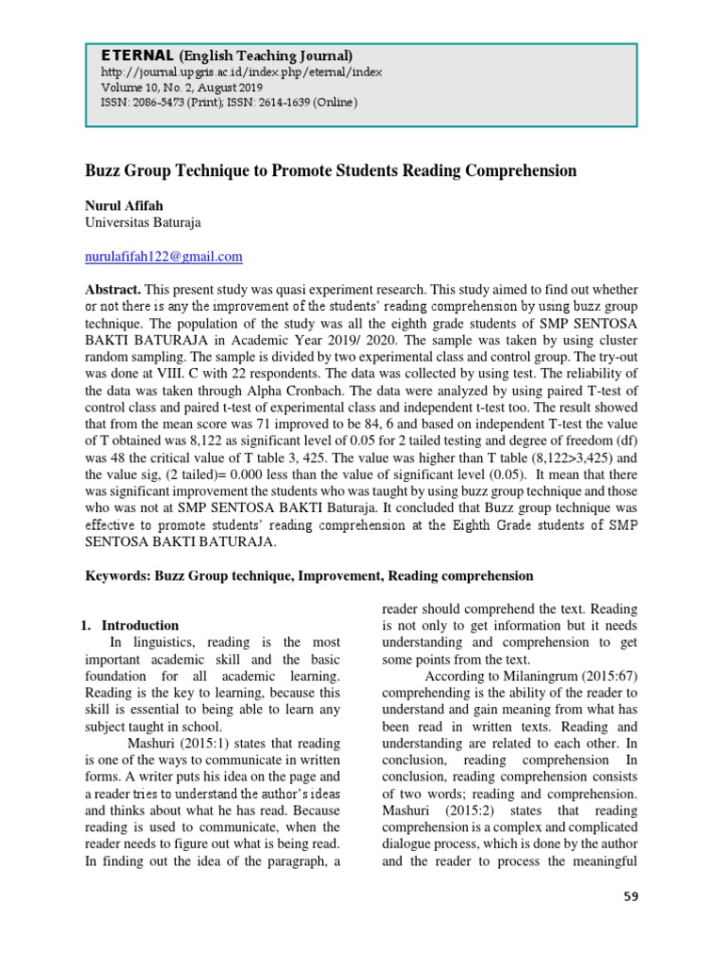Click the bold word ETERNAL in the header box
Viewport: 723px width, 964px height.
pyautogui.click(x=124, y=56)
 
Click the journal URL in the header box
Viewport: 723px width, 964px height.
pyautogui.click(x=241, y=72)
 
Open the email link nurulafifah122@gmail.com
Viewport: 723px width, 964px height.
pyautogui.click(x=164, y=256)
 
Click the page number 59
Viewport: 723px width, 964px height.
pyautogui.click(x=630, y=896)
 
